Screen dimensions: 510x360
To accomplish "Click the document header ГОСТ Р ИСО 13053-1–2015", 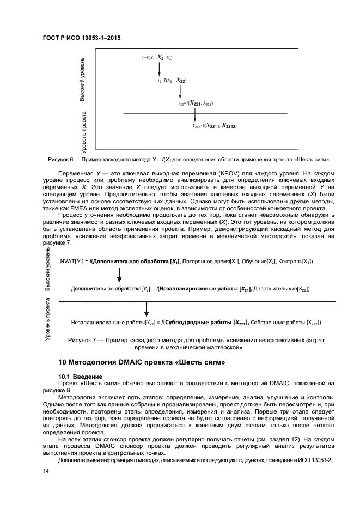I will [81, 39].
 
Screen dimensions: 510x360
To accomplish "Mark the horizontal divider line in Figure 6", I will [205, 114].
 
